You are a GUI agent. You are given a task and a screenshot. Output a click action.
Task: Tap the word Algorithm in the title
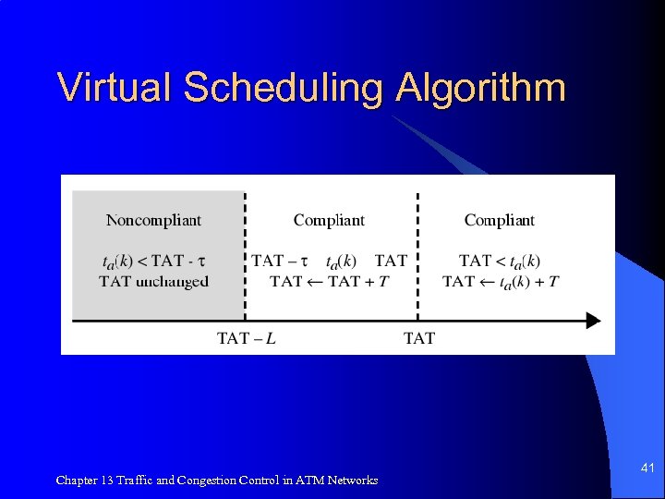480,90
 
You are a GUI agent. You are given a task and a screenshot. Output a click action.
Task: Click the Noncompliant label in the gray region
153,220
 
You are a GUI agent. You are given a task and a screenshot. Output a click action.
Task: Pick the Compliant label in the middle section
329,220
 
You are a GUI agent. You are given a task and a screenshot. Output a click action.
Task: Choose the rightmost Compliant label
500,220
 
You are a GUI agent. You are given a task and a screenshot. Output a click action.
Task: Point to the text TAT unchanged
153,281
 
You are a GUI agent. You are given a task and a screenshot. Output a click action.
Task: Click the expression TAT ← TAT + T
329,281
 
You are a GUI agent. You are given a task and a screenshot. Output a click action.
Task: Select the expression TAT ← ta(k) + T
500,281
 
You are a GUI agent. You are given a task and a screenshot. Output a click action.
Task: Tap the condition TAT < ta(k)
500,262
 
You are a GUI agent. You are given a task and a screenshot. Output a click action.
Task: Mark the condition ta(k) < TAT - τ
153,262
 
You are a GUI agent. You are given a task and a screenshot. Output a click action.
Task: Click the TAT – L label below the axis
246,338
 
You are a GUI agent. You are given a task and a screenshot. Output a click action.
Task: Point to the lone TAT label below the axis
419,338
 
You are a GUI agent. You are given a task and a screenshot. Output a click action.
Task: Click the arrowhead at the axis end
593,321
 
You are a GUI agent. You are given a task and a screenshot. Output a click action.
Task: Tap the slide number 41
647,469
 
